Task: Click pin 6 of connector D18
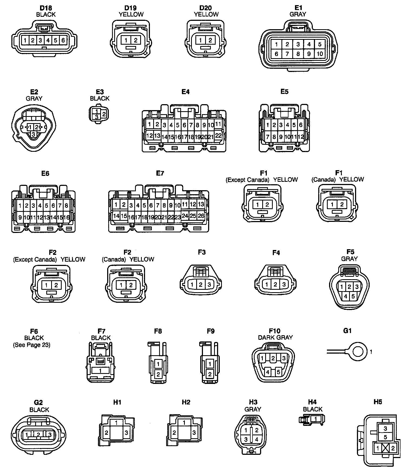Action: coord(63,40)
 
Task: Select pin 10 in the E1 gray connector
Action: coord(320,54)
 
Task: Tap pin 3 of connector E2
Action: coord(33,134)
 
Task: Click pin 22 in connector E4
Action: coord(218,136)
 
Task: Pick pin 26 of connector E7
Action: coord(201,216)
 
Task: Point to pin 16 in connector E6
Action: coord(67,217)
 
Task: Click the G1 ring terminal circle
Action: coord(358,352)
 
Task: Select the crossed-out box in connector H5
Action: coord(385,448)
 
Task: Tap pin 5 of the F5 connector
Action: coord(353,296)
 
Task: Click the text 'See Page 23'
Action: coord(32,345)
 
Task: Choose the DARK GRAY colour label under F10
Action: coord(275,337)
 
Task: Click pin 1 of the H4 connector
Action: coord(314,419)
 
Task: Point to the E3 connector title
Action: coord(100,92)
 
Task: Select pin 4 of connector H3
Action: coord(257,439)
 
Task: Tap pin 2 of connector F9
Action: coord(210,374)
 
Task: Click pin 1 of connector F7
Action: coord(100,370)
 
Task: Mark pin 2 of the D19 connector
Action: coord(136,40)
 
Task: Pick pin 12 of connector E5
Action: coord(301,137)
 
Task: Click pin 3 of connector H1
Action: coord(126,433)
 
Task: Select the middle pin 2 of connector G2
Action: coord(38,435)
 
